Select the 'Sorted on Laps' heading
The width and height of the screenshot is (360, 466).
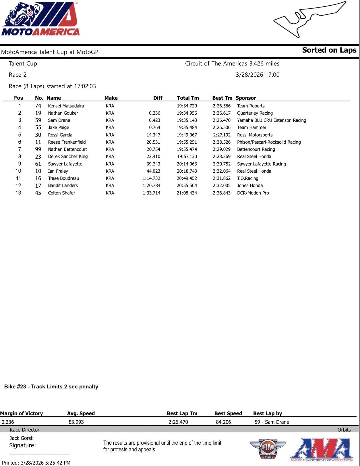pyautogui.click(x=329, y=50)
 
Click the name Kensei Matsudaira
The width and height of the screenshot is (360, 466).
pyautogui.click(x=66, y=106)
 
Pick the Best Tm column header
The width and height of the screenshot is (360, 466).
pyautogui.click(x=222, y=98)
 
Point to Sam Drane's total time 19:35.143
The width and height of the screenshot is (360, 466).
pyautogui.click(x=187, y=120)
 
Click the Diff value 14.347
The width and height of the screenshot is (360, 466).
pyautogui.click(x=153, y=135)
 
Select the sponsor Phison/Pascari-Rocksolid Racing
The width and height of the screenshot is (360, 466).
pyautogui.click(x=269, y=142)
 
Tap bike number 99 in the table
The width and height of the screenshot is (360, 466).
pyautogui.click(x=38, y=149)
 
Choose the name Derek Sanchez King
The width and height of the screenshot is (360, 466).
pyautogui.click(x=68, y=157)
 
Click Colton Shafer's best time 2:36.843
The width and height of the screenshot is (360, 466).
pyautogui.click(x=221, y=193)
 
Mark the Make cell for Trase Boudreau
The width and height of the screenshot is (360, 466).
pyautogui.click(x=110, y=178)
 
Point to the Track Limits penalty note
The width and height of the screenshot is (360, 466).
pyautogui.click(x=51, y=387)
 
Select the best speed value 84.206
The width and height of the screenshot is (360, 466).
pyautogui.click(x=223, y=422)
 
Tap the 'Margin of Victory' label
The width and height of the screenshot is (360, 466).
pyautogui.click(x=22, y=413)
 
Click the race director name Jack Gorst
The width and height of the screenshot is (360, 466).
pyautogui.click(x=21, y=438)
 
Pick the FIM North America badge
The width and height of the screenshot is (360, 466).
pyautogui.click(x=268, y=448)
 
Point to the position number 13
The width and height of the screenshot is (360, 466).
pyautogui.click(x=18, y=193)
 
